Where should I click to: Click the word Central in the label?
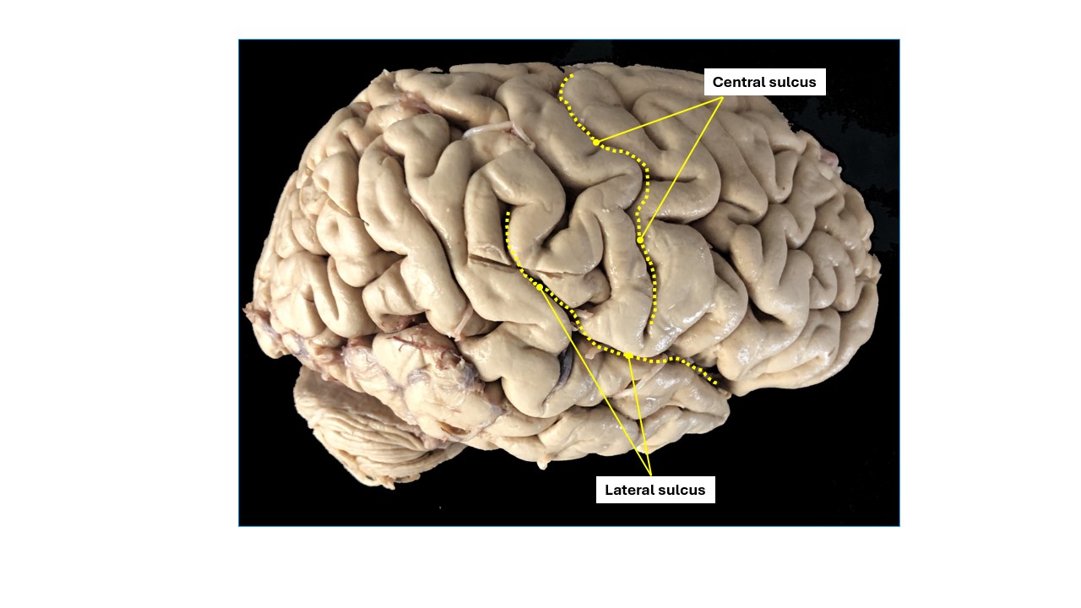(x=736, y=82)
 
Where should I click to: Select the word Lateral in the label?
(x=630, y=490)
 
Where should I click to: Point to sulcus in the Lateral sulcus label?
(x=685, y=490)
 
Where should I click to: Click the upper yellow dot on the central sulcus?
(x=596, y=143)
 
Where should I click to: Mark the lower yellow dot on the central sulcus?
(x=640, y=240)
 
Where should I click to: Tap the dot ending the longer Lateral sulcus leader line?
(x=540, y=287)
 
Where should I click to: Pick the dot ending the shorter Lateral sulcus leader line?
(x=629, y=356)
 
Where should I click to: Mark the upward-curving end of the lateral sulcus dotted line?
(x=508, y=214)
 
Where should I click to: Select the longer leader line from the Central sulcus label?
(x=681, y=169)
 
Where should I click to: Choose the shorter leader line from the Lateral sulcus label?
(x=639, y=414)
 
